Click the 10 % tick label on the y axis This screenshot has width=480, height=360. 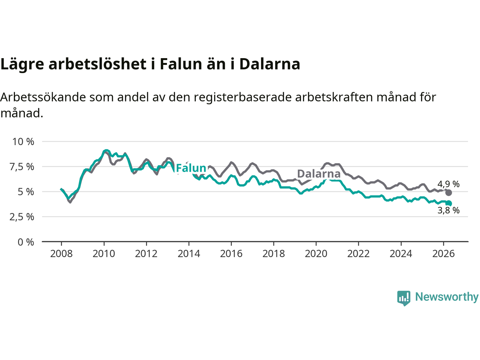[x=23, y=142]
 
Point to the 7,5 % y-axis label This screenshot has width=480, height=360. [x=22, y=167]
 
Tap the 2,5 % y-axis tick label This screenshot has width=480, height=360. [x=22, y=217]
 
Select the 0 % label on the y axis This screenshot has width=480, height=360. [x=26, y=242]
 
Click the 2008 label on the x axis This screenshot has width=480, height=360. [x=61, y=254]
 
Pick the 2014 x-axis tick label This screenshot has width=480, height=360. [x=189, y=254]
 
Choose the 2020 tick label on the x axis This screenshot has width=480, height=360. [x=316, y=254]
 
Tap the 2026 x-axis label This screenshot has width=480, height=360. [x=444, y=254]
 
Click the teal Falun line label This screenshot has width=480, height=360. [x=191, y=168]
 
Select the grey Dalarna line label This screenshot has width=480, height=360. [x=319, y=174]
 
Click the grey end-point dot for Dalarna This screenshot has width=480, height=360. [x=448, y=193]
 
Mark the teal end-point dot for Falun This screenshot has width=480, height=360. [x=448, y=203]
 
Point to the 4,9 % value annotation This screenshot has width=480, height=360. [x=448, y=184]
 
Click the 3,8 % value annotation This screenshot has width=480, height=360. [x=448, y=210]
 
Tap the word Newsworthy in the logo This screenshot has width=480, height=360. [x=447, y=297]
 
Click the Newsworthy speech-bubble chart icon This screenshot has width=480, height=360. [x=403, y=298]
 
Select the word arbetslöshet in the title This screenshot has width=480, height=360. [x=97, y=64]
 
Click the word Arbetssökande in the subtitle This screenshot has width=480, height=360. [x=43, y=97]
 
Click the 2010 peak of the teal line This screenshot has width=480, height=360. [x=106, y=151]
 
